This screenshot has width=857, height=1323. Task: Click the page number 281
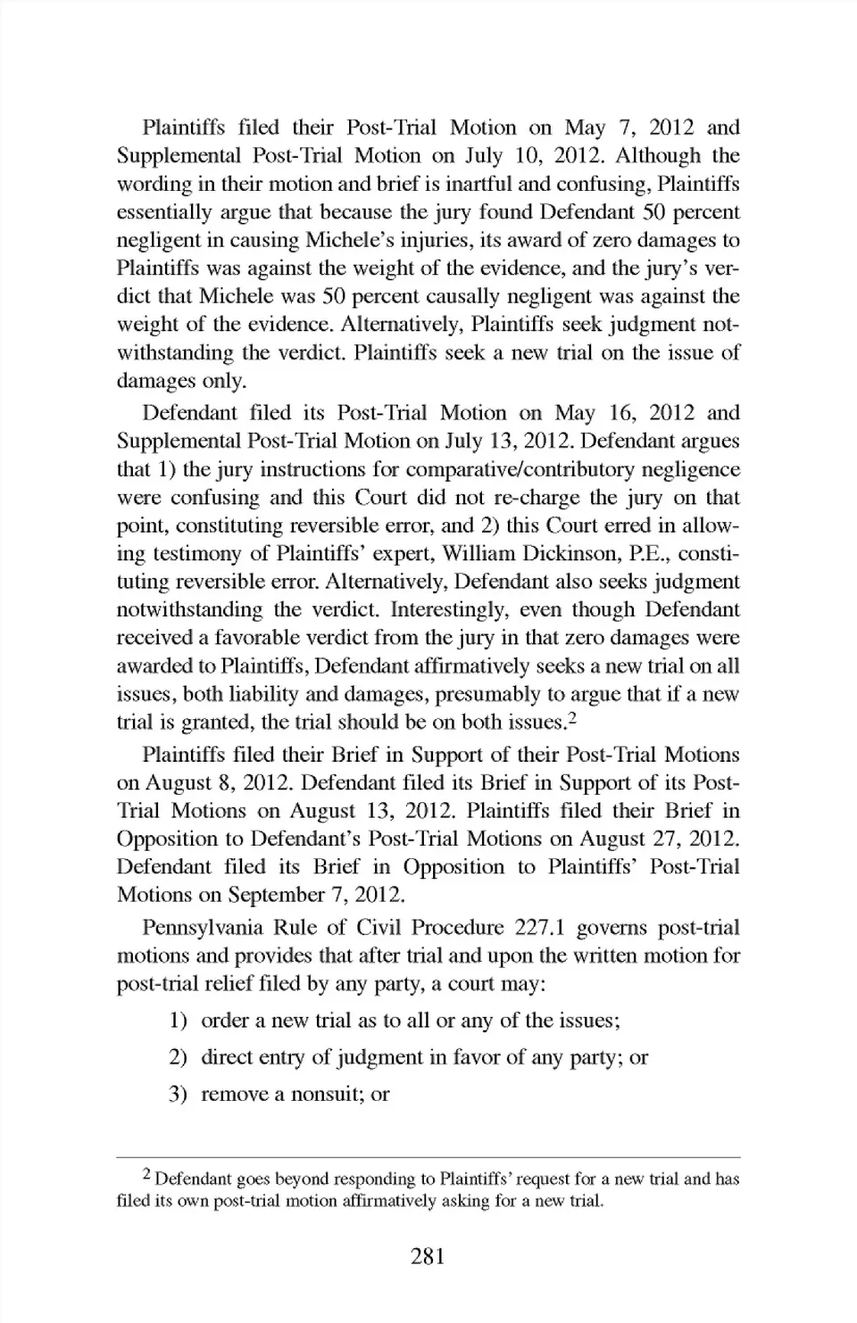coord(428,1257)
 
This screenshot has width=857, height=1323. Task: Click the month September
coord(277,895)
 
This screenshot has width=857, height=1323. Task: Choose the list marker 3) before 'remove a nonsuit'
coord(179,1094)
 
